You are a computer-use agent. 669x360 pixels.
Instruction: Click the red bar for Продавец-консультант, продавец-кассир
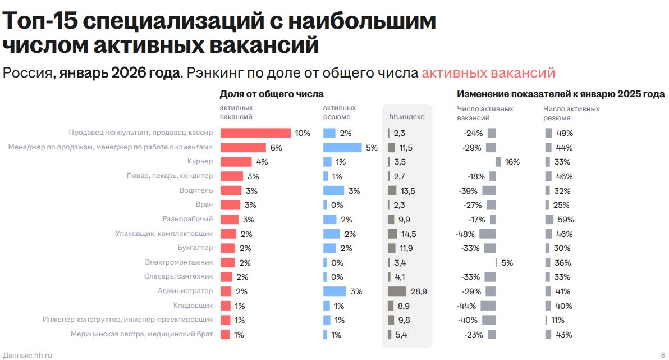[x=255, y=133]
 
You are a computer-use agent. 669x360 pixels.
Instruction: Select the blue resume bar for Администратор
[x=334, y=291]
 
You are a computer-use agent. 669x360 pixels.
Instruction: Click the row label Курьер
[x=200, y=162]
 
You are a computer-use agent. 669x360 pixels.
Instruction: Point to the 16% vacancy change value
[x=512, y=162]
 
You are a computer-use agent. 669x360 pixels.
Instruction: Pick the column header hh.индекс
[x=407, y=117]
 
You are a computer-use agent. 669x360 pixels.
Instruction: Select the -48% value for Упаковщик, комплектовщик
[x=465, y=234]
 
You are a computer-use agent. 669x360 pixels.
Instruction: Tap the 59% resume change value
[x=565, y=220]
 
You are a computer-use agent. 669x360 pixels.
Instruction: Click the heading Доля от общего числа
[x=272, y=94]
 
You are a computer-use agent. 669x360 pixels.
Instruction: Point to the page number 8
[x=662, y=355]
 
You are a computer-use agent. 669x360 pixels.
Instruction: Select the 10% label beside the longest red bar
[x=303, y=133]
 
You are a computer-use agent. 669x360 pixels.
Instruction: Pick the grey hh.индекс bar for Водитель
[x=392, y=191]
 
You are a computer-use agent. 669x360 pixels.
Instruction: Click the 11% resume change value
[x=557, y=320]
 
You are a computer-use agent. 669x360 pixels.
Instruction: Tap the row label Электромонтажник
[x=178, y=262]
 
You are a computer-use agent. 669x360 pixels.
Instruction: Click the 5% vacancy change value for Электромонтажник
[x=507, y=262]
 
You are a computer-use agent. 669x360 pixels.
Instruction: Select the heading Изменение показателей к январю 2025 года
[x=561, y=94]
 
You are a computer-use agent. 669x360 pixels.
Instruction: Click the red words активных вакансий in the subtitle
[x=488, y=73]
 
